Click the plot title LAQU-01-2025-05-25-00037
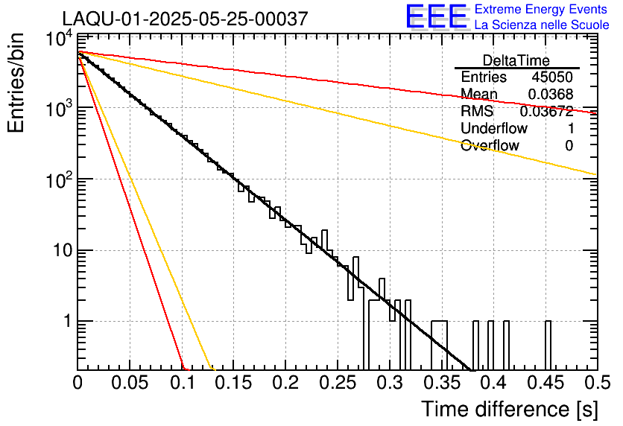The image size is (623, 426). pyautogui.click(x=185, y=19)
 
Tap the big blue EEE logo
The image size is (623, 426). pyautogui.click(x=437, y=16)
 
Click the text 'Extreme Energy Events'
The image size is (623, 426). pyautogui.click(x=540, y=10)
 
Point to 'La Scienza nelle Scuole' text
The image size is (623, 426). pyautogui.click(x=542, y=25)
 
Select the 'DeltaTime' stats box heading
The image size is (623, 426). pyautogui.click(x=516, y=60)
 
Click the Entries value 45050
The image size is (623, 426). pyautogui.click(x=552, y=77)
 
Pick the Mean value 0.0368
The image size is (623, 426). pyautogui.click(x=550, y=94)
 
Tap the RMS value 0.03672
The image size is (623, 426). pyautogui.click(x=546, y=111)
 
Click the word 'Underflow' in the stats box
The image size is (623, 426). pyautogui.click(x=493, y=128)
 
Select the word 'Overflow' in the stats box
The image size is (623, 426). pyautogui.click(x=490, y=145)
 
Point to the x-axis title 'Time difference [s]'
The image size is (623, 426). pyautogui.click(x=509, y=409)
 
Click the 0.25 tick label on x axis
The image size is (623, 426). pyautogui.click(x=338, y=383)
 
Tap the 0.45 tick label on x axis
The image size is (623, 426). pyautogui.click(x=545, y=383)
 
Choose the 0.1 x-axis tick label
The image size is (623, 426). pyautogui.click(x=182, y=383)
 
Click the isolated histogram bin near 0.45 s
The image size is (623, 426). pyautogui.click(x=548, y=345)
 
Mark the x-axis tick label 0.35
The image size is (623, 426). pyautogui.click(x=442, y=383)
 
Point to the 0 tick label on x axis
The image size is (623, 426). pyautogui.click(x=78, y=383)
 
